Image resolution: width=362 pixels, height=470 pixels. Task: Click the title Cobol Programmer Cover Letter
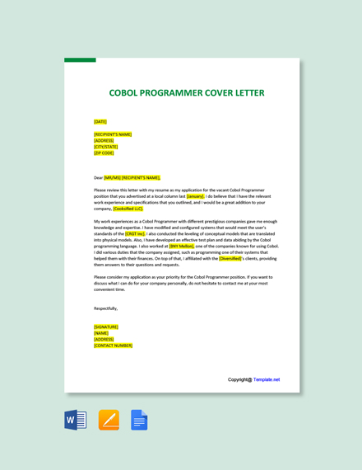(187, 92)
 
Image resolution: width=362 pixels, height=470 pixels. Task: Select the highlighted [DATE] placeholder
(100, 121)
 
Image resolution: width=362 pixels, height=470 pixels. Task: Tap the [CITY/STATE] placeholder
(106, 147)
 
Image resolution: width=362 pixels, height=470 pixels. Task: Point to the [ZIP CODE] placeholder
(104, 153)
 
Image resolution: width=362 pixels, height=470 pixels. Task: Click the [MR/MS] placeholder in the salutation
(112, 177)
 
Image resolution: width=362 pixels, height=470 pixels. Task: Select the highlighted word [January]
(195, 196)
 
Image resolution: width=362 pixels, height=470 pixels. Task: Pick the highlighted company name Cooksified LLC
(128, 209)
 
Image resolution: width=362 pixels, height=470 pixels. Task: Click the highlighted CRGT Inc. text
(135, 233)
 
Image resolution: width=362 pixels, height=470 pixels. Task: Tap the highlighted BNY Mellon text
(181, 246)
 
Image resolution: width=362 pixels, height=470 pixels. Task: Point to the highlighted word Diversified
(230, 258)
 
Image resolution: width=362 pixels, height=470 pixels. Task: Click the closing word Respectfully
(105, 308)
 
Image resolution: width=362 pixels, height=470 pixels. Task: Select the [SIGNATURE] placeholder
(106, 327)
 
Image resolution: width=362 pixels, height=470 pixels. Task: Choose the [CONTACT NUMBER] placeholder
(113, 345)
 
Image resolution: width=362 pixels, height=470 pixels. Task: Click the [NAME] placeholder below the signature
(101, 333)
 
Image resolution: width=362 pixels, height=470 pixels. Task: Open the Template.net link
(267, 379)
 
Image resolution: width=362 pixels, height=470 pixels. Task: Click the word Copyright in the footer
(239, 379)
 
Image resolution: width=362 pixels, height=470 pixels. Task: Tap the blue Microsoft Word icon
(76, 420)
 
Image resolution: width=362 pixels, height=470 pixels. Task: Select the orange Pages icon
(109, 420)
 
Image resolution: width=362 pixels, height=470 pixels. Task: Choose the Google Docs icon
(139, 420)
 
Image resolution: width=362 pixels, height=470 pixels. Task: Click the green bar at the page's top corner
(80, 60)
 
